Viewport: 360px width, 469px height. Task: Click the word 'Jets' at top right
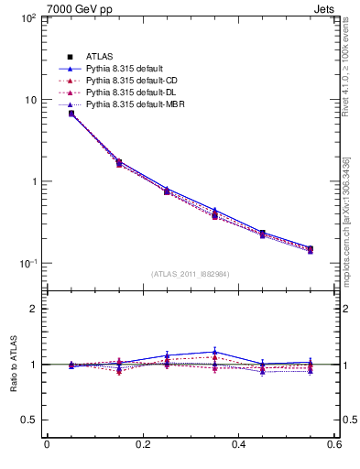[326, 8]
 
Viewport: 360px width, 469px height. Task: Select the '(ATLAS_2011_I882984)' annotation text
[190, 274]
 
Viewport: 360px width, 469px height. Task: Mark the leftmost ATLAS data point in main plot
[71, 114]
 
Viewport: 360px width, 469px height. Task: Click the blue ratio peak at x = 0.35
[214, 352]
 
